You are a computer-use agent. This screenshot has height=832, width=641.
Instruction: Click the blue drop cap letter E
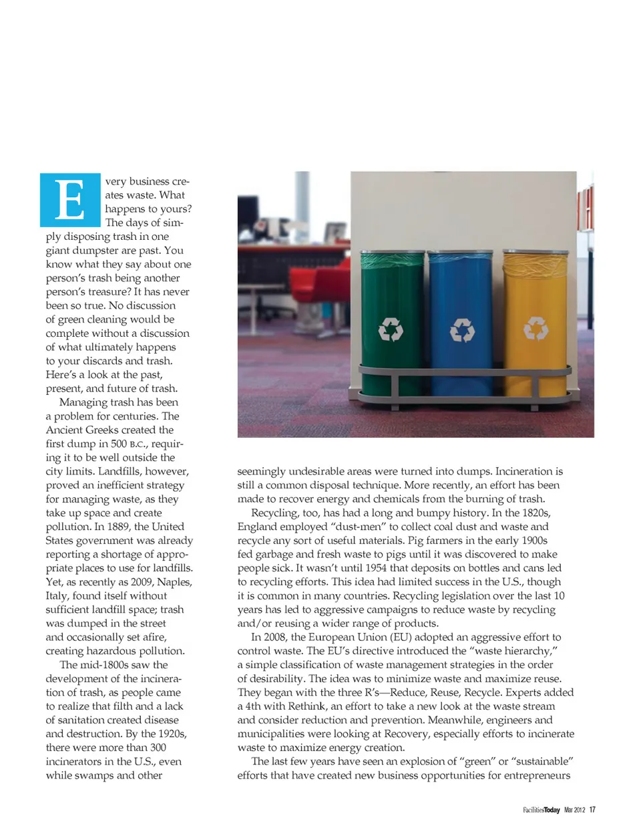[70, 200]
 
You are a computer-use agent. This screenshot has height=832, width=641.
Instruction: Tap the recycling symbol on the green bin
[391, 329]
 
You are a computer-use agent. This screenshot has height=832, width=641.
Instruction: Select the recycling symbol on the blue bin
[462, 329]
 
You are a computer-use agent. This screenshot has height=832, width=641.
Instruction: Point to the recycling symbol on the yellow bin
[536, 327]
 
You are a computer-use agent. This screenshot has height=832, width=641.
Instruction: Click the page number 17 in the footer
[592, 810]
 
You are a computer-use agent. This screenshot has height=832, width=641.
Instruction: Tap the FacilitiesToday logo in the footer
[542, 810]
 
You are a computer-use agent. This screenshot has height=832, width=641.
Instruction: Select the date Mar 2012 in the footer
[574, 810]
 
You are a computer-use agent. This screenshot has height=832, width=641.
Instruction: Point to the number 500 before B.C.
[118, 444]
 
